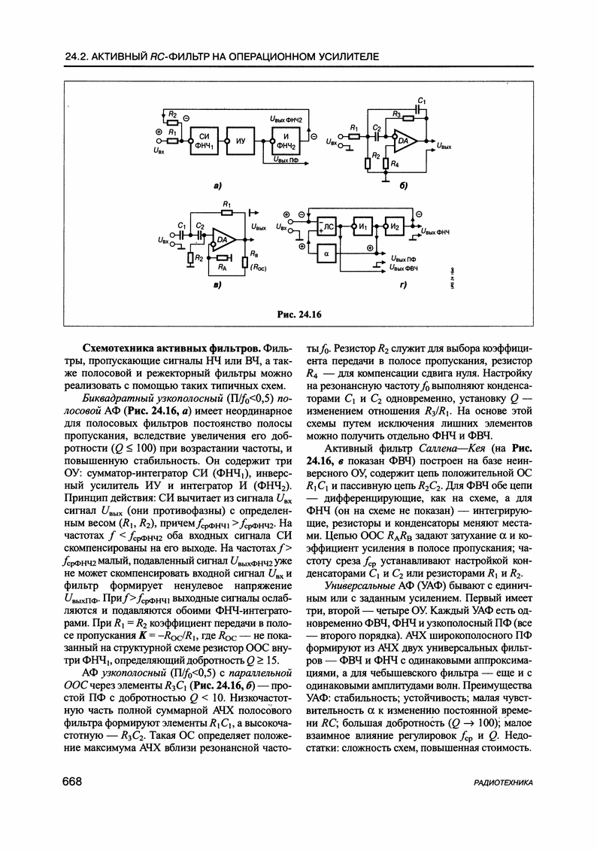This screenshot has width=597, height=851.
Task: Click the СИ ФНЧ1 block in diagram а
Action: coord(202,141)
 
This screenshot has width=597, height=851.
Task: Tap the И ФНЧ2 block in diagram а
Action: coord(285,141)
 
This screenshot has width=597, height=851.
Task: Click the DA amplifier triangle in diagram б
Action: coord(405,141)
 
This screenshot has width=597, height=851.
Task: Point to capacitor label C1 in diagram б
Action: coord(423,100)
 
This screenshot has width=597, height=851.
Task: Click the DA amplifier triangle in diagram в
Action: coord(223,240)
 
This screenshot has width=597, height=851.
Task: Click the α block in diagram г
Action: coord(327,254)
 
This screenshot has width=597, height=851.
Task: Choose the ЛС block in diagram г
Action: coord(327,226)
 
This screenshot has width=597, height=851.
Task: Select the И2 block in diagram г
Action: coord(395,226)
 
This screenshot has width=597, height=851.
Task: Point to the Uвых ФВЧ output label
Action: coord(404,267)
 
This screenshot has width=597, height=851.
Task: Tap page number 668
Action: coord(72,783)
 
